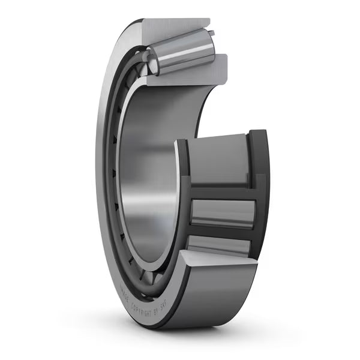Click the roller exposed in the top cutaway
tap(183, 54)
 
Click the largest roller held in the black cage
tap(219, 162)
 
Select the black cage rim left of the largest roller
tap(182, 168)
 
